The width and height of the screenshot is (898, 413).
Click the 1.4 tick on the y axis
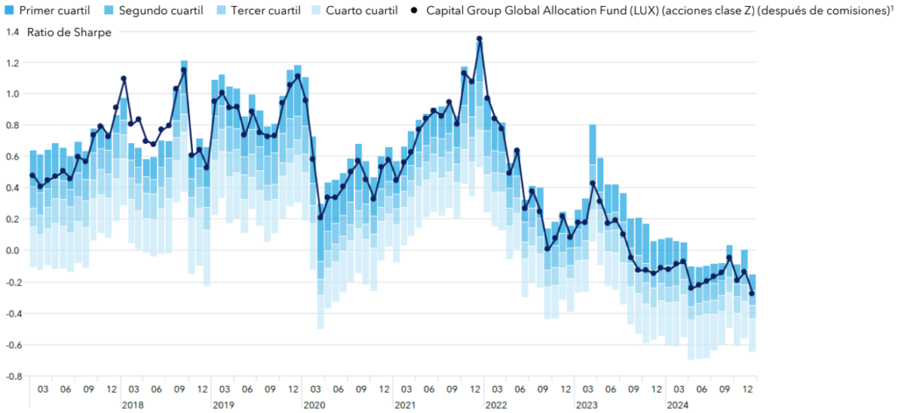(11, 32)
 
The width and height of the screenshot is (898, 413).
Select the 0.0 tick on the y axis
(11, 251)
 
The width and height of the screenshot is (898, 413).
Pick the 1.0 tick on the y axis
(11, 94)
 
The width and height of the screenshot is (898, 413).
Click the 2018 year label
(132, 405)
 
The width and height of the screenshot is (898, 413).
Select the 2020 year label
(313, 405)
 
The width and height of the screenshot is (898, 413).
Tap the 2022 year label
(495, 405)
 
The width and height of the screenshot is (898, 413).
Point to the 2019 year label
(223, 405)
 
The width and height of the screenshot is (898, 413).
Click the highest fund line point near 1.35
(480, 39)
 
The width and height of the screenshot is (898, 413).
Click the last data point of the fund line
(752, 294)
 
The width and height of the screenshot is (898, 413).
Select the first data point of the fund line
(32, 175)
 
